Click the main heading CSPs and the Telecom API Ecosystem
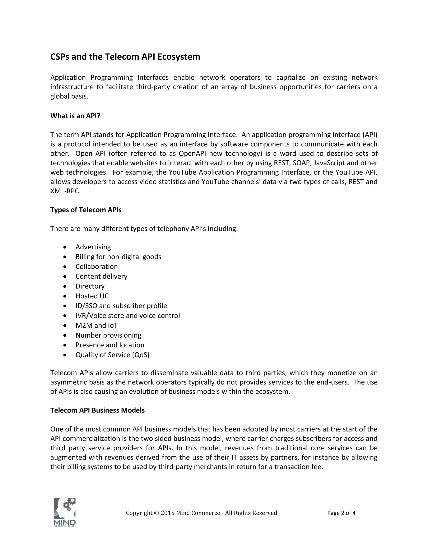[x=125, y=57]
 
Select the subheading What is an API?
[x=75, y=116]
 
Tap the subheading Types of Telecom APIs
[x=86, y=210]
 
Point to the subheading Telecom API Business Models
[x=97, y=410]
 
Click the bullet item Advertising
[x=93, y=247]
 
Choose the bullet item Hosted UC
[x=92, y=296]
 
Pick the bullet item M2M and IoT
[x=96, y=325]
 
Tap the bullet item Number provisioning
[x=108, y=335]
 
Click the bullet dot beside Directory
[x=65, y=286]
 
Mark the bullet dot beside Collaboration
[x=65, y=267]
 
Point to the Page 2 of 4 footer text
[x=341, y=513]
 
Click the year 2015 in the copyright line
[x=168, y=513]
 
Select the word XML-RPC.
[x=65, y=191]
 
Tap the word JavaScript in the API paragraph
[x=328, y=163]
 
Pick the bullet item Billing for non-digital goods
[x=118, y=257]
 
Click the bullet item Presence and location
[x=110, y=345]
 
